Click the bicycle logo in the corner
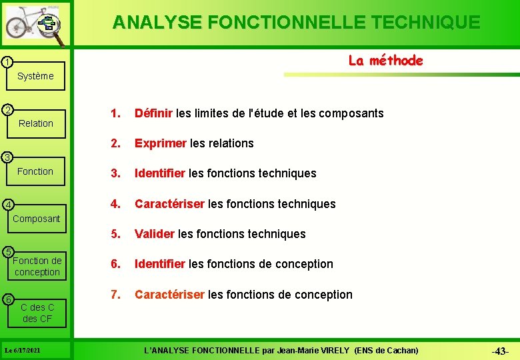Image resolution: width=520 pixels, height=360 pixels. (35, 25)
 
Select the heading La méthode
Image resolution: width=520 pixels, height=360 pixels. (385, 61)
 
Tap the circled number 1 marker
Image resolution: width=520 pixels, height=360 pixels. (5, 63)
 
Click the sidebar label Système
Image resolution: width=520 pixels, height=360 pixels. (35, 76)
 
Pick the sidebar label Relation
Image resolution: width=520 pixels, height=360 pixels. (36, 123)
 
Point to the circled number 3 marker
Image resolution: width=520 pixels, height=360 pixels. (5, 157)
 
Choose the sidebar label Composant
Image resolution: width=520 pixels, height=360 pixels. (37, 219)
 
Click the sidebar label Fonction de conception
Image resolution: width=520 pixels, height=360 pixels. (37, 266)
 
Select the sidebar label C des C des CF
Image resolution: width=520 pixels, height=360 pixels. (37, 313)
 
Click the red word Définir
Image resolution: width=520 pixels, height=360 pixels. (153, 113)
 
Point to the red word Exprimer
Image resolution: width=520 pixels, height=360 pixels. (161, 143)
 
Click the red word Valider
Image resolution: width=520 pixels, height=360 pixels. (155, 234)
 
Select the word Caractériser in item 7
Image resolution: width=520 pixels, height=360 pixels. (169, 295)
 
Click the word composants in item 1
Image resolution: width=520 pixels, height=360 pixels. (351, 113)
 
